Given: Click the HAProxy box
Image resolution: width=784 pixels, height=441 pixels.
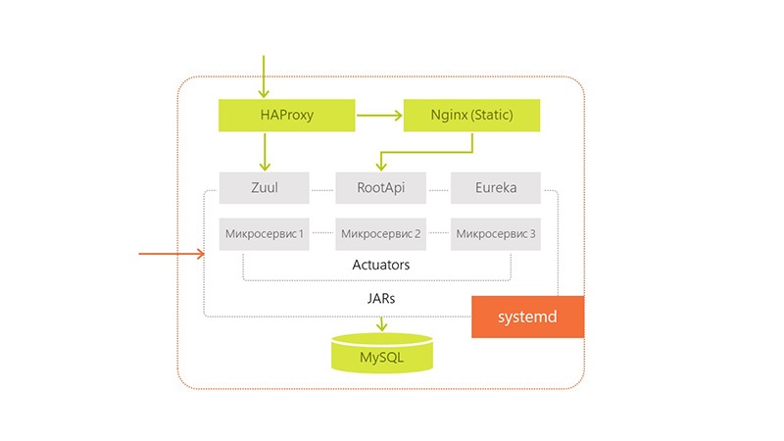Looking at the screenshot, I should click(286, 116).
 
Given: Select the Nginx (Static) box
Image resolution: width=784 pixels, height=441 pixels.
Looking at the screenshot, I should click(471, 116).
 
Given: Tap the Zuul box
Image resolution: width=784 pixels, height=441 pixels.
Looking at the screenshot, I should click(265, 187).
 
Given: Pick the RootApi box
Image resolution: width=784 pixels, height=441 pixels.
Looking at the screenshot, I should click(380, 187).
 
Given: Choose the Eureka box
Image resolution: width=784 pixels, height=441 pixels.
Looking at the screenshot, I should click(496, 187).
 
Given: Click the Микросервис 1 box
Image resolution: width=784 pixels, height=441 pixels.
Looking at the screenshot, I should click(265, 234).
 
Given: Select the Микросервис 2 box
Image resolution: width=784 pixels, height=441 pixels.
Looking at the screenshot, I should click(380, 234).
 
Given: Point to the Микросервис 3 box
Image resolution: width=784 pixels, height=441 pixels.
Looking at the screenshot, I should click(496, 234).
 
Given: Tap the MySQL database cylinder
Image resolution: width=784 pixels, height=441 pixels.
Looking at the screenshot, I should click(381, 355).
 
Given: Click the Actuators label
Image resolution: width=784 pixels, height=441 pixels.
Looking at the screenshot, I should click(380, 266).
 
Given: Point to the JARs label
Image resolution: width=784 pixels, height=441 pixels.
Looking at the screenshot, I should click(381, 295).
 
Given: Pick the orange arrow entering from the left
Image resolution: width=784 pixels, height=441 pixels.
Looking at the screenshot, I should click(171, 255).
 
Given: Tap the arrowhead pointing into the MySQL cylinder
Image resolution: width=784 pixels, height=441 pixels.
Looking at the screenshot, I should click(381, 326).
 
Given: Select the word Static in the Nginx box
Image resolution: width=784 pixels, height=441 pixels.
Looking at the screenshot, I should click(499, 116).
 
